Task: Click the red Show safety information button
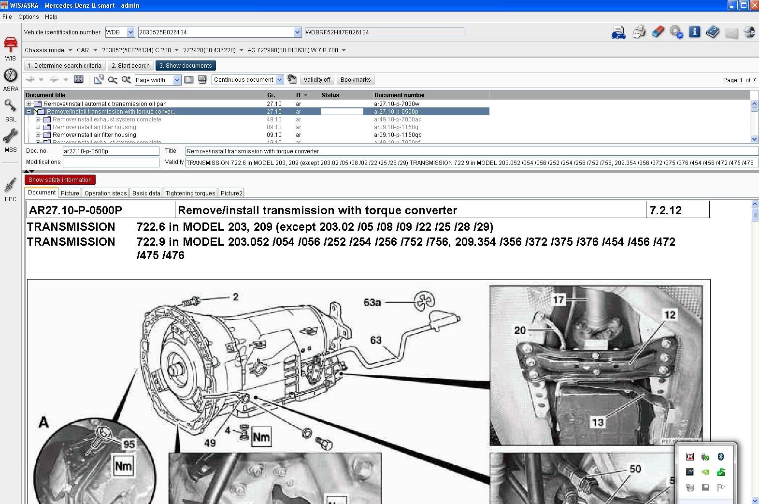pyautogui.click(x=60, y=180)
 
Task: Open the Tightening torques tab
pyautogui.click(x=190, y=193)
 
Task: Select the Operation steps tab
pyautogui.click(x=105, y=193)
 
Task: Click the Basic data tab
pyautogui.click(x=146, y=193)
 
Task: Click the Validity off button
pyautogui.click(x=316, y=80)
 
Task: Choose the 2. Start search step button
pyautogui.click(x=130, y=66)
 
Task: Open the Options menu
pyautogui.click(x=29, y=16)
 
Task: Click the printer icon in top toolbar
pyautogui.click(x=639, y=32)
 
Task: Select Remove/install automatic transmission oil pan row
pyautogui.click(x=105, y=104)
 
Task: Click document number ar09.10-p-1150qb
pyautogui.click(x=397, y=135)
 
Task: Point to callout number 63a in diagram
pyautogui.click(x=372, y=302)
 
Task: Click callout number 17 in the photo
pyautogui.click(x=559, y=300)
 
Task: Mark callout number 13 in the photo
pyautogui.click(x=598, y=422)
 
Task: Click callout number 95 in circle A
pyautogui.click(x=129, y=444)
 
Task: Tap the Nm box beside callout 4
pyautogui.click(x=261, y=437)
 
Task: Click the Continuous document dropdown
pyautogui.click(x=247, y=80)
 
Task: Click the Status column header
pyautogui.click(x=330, y=95)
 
